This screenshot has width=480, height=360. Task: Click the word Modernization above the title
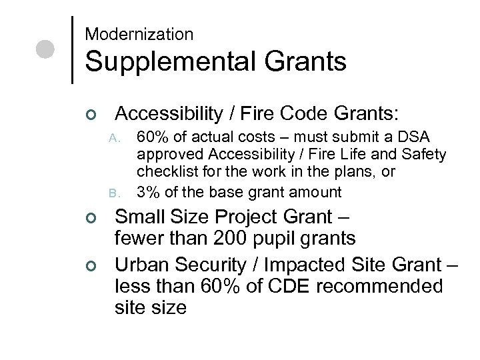[x=139, y=34]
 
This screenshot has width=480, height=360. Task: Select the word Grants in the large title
[x=309, y=62]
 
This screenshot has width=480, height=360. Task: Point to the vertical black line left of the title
[x=72, y=49]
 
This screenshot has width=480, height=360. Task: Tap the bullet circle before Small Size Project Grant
[x=93, y=218]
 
